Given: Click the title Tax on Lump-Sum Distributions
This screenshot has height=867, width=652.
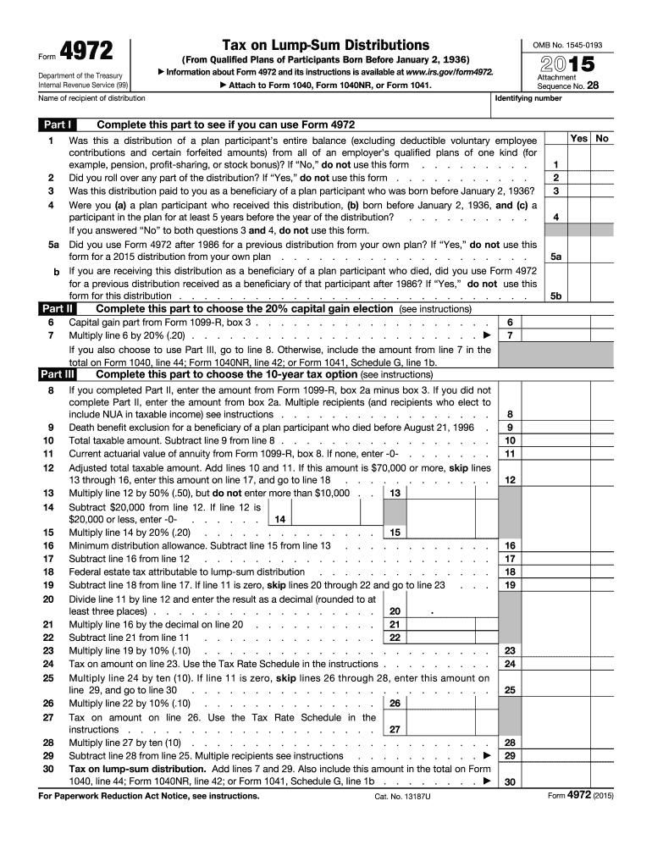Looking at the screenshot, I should (x=325, y=44).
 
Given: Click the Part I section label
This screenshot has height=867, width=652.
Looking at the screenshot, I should (x=58, y=124).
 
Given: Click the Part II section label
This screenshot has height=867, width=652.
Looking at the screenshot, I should (x=58, y=310).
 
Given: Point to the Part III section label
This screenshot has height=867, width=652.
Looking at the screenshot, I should (x=58, y=373).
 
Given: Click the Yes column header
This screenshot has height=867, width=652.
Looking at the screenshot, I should (x=579, y=138).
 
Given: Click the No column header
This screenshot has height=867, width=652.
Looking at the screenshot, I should (x=602, y=138).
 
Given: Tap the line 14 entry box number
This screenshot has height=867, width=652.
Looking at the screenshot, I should (x=280, y=519).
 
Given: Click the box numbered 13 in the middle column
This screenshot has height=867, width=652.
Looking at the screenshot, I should (x=395, y=493).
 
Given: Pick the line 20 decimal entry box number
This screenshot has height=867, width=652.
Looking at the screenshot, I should (x=395, y=611).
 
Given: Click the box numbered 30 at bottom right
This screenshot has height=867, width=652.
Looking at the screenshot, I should (x=510, y=782).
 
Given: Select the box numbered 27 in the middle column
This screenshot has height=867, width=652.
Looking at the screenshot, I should (x=395, y=729).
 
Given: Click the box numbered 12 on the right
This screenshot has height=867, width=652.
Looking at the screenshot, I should (x=510, y=480).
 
